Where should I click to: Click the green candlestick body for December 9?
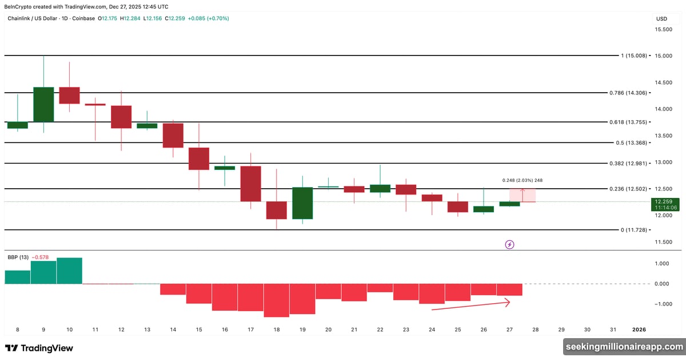tap(43, 104)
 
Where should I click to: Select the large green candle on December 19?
tap(302, 203)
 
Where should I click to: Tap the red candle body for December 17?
tap(250, 184)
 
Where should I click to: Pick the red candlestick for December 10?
tap(69, 96)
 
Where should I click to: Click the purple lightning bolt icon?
tap(510, 244)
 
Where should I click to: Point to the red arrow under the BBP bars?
tap(470, 306)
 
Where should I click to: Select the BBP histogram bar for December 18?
tap(276, 300)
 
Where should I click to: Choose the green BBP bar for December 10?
tap(69, 271)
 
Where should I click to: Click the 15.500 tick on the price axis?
tap(664, 29)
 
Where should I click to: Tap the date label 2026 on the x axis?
tap(639, 330)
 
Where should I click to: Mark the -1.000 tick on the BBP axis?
tap(661, 304)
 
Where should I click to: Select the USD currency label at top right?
tap(661, 19)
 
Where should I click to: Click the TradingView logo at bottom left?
tap(39, 348)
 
